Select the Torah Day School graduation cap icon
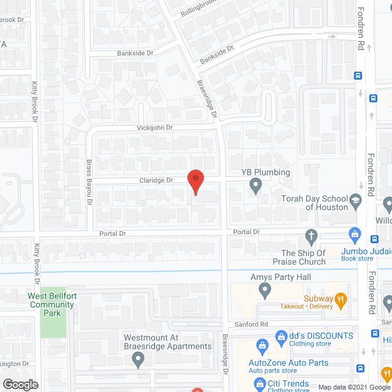click(355, 200)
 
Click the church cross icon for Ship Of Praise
click(311, 235)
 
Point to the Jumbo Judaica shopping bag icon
click(354, 233)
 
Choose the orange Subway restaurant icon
click(341, 299)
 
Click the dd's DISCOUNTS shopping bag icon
click(281, 336)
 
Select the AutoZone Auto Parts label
click(288, 363)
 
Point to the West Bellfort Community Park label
click(51, 304)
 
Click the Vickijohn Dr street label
click(155, 127)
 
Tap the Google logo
click(20, 385)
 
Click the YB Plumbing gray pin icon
click(257, 189)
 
